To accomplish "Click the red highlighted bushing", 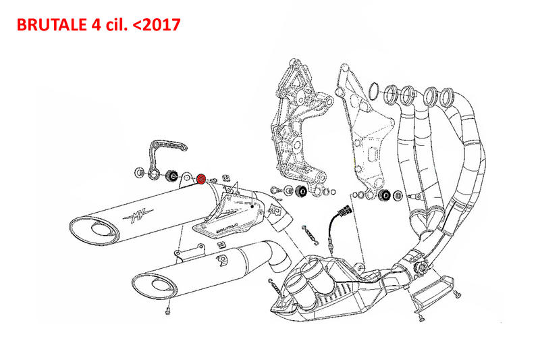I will point(200,178).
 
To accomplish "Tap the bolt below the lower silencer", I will point(166,312).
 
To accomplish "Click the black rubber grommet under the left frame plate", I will point(301,192).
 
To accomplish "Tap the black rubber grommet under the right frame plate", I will point(385,196).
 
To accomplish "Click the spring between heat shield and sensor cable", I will point(310,233).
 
